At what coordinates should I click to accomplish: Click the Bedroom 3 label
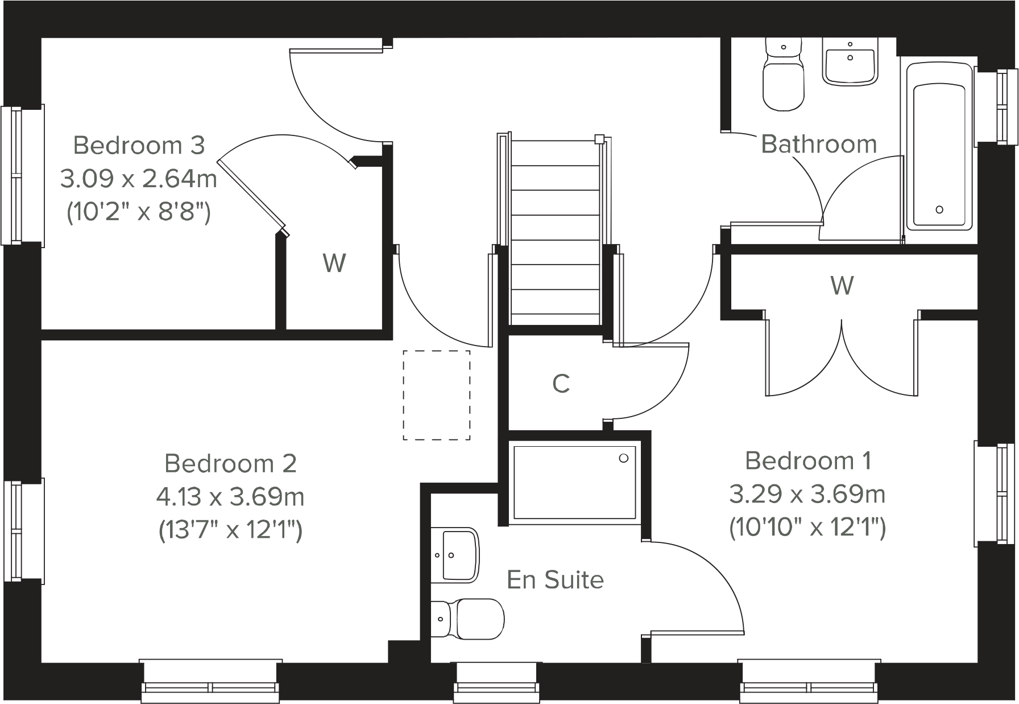tap(139, 146)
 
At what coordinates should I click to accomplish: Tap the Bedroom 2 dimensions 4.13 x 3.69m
tap(230, 497)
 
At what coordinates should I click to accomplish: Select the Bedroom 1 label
tap(807, 460)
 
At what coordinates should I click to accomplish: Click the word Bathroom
tap(819, 144)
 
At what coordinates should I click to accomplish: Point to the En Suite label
tap(555, 580)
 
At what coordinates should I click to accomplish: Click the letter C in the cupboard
tap(561, 384)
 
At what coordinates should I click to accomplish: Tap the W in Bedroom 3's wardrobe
tap(334, 264)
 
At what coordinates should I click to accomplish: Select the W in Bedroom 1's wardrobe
tap(842, 285)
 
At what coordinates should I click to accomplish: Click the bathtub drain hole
tap(939, 209)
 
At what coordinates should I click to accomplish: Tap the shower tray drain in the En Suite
tap(623, 458)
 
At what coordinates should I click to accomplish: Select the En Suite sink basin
tap(455, 555)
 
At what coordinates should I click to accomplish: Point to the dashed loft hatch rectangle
tap(436, 394)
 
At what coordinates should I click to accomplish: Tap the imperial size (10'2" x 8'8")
tap(139, 213)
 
